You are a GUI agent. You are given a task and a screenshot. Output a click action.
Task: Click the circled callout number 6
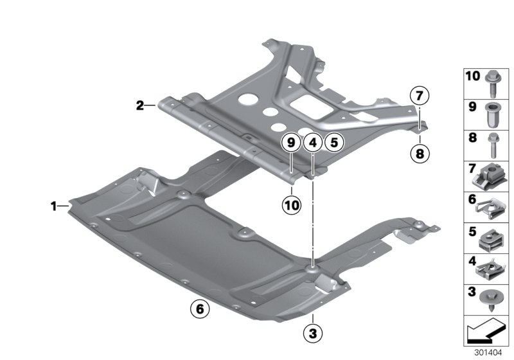click(x=200, y=309)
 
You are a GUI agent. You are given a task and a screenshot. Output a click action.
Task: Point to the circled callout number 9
click(x=291, y=143)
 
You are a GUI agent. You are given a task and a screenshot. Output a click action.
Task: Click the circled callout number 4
click(x=312, y=143)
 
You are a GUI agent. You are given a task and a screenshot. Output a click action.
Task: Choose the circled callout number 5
click(x=332, y=143)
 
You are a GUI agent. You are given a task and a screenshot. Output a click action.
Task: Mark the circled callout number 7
click(x=418, y=97)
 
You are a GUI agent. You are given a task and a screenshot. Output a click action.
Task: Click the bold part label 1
click(x=55, y=206)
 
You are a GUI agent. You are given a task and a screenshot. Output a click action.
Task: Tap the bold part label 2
click(x=140, y=105)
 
